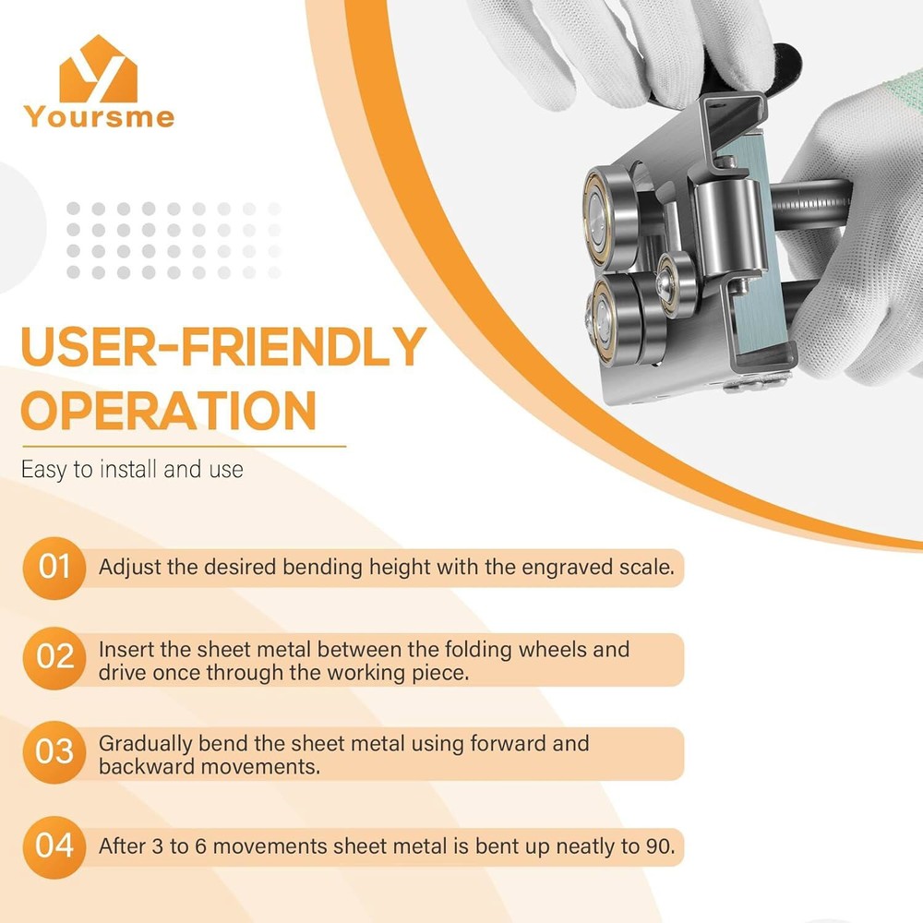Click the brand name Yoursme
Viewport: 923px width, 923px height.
coord(99,117)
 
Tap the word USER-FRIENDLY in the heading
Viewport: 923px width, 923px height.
coord(222,348)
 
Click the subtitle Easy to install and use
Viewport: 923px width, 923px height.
coord(132,469)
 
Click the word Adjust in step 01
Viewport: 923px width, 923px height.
coord(130,567)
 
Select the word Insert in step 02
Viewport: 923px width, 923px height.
coord(126,650)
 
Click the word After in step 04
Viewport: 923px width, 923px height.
coord(123,845)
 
